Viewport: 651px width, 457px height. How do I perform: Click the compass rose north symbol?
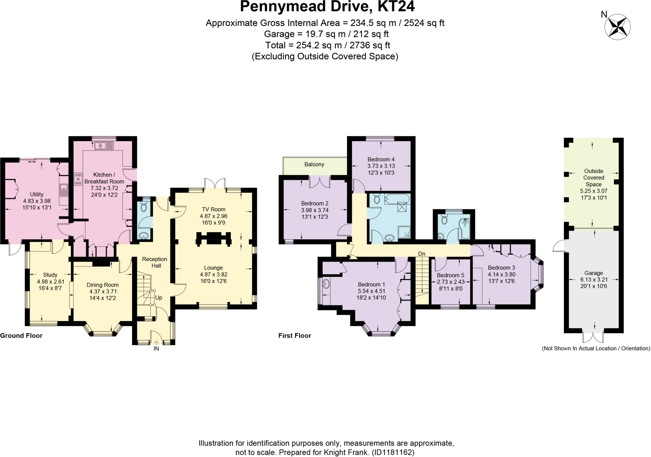(x=617, y=27)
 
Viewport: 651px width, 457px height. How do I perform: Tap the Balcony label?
(x=314, y=164)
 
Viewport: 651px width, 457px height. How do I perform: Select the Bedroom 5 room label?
(x=450, y=275)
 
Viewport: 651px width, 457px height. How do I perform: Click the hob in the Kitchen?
(x=78, y=179)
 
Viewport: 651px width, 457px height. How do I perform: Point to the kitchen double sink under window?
(x=104, y=146)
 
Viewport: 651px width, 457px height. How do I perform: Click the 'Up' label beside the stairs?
(x=159, y=298)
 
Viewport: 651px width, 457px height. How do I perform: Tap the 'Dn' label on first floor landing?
(x=421, y=254)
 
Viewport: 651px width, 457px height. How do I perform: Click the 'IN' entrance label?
(x=156, y=348)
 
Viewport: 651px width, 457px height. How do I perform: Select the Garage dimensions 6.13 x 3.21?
(x=593, y=280)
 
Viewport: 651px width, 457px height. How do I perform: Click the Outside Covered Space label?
(x=593, y=178)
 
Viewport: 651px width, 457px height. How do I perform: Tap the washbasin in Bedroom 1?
(x=326, y=284)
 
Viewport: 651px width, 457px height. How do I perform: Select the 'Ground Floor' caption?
(x=21, y=336)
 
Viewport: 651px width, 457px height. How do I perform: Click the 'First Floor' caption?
(x=295, y=336)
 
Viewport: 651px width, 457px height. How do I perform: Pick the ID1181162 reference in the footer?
(x=393, y=452)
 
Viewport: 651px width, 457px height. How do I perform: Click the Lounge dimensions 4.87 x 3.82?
(x=213, y=274)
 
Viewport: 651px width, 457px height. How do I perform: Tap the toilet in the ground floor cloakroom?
(x=143, y=207)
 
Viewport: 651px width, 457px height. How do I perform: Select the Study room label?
(x=50, y=275)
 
